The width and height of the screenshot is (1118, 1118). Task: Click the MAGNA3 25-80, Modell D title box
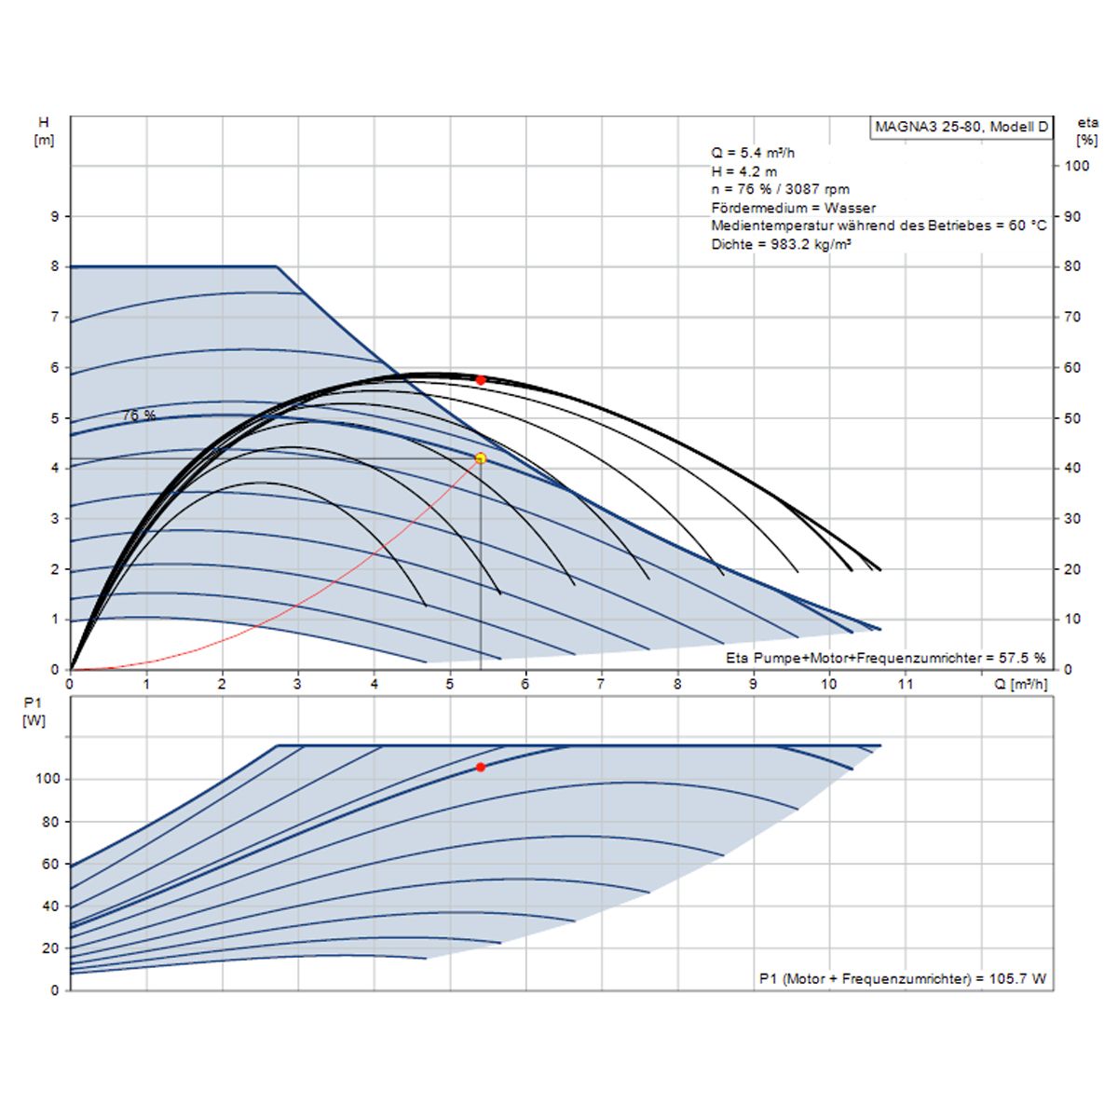[961, 128]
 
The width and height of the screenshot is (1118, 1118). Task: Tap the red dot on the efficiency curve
[481, 380]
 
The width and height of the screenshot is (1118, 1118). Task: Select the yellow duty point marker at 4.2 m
[481, 458]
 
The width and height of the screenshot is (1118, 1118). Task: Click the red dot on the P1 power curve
[481, 767]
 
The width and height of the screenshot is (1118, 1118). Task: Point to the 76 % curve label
[139, 416]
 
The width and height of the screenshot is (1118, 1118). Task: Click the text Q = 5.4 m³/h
[753, 153]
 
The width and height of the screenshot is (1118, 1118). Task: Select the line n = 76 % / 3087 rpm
[780, 189]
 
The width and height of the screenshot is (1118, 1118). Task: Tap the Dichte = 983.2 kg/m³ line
[782, 244]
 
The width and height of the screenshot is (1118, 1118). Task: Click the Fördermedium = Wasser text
[793, 208]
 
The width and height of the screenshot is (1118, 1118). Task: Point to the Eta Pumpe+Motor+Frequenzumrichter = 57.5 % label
[885, 658]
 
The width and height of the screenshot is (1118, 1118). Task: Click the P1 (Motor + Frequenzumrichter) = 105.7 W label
[902, 978]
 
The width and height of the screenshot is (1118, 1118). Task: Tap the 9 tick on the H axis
[54, 216]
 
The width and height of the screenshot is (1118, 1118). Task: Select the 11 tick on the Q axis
[905, 684]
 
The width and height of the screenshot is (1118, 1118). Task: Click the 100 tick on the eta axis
[1076, 166]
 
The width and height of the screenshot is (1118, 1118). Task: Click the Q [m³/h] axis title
[1020, 684]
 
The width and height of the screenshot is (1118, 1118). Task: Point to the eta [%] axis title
[1087, 131]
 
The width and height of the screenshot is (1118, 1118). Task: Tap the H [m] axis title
[44, 131]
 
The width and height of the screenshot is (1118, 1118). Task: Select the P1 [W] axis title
[34, 712]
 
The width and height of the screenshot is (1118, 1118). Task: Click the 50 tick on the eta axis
[1072, 418]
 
